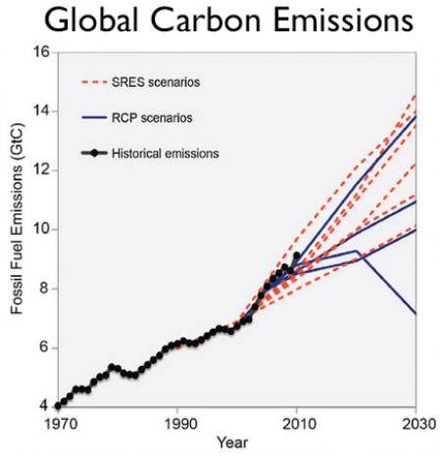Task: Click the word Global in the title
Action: click(89, 23)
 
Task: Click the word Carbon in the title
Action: click(216, 23)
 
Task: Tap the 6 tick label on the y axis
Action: click(44, 347)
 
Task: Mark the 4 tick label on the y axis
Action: click(44, 405)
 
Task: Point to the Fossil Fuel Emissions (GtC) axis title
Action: click(17, 229)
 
